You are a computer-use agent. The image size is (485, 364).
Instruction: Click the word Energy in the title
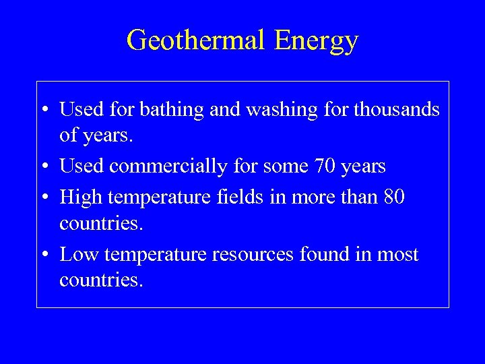coord(316,42)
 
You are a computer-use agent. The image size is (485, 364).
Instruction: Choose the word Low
coord(76,254)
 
